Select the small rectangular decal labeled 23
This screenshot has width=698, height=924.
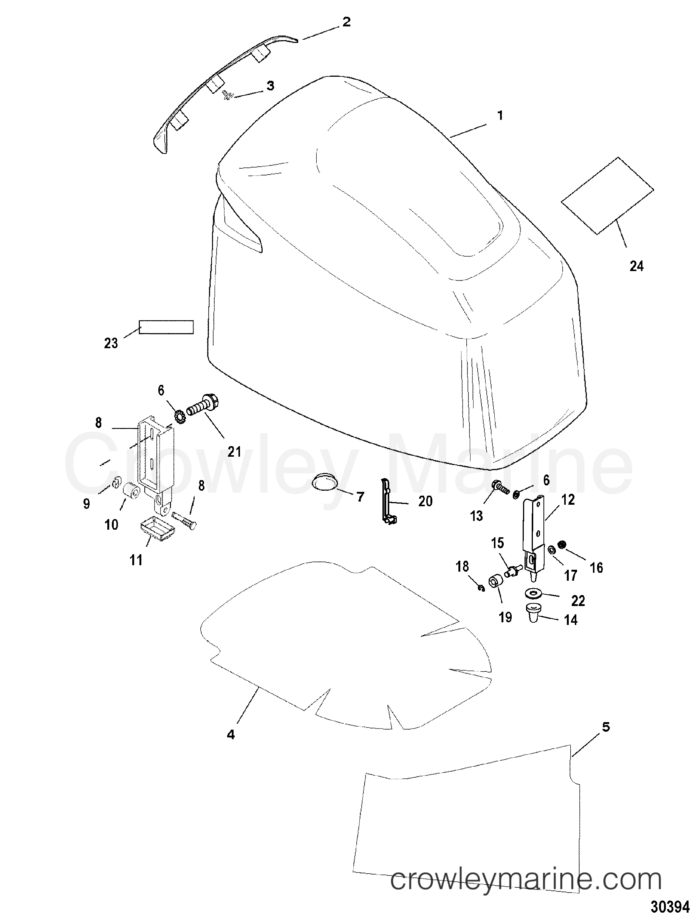[x=166, y=327]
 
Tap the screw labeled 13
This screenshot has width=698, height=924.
[x=500, y=487]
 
